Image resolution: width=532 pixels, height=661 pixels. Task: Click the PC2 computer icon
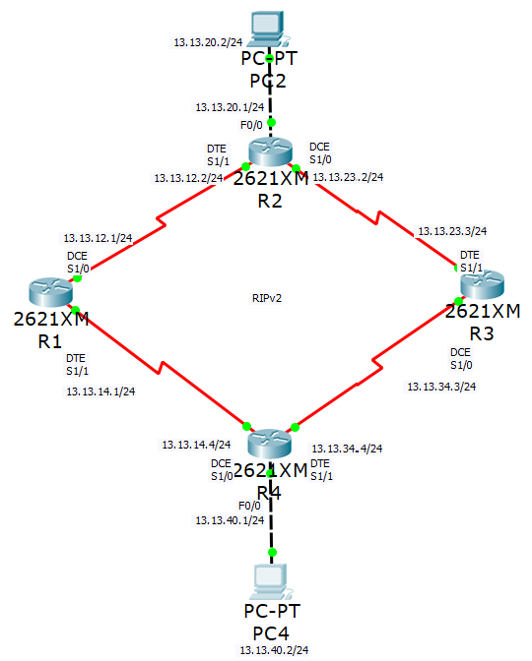click(268, 29)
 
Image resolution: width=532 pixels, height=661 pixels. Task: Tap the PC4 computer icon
click(270, 581)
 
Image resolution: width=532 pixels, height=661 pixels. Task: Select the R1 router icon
click(50, 292)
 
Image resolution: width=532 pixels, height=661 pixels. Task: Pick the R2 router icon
click(270, 152)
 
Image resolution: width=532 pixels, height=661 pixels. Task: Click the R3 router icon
click(482, 284)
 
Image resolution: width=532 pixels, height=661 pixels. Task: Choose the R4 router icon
click(269, 444)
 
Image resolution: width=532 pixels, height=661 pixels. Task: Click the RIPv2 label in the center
click(267, 298)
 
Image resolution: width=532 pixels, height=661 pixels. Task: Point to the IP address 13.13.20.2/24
click(208, 42)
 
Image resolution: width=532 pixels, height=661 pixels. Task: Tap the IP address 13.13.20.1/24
click(230, 107)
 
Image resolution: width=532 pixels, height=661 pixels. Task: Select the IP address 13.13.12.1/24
click(98, 238)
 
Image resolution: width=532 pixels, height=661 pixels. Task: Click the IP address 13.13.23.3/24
click(452, 231)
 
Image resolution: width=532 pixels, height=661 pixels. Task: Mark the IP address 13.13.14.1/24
click(100, 391)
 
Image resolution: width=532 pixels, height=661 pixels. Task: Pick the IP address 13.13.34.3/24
click(441, 387)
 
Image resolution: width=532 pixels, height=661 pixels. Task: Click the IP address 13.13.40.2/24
click(275, 650)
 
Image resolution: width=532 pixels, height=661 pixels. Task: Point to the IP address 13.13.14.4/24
click(196, 445)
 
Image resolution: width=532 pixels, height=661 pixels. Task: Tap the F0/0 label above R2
click(251, 125)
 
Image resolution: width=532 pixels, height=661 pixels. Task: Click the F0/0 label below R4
click(249, 506)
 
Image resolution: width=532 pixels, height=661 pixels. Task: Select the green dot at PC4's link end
click(272, 552)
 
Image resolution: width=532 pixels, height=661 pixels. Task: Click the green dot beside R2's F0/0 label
click(272, 123)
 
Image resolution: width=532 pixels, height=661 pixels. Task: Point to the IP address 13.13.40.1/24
click(230, 520)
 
